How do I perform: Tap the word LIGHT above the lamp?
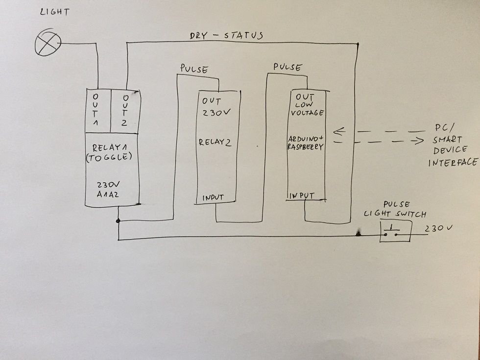(54, 12)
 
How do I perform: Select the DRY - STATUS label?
(226, 36)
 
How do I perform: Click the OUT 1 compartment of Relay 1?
(97, 111)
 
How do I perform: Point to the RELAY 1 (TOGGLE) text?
(112, 152)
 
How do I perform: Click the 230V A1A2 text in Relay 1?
(112, 191)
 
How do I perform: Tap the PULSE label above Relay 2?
(194, 69)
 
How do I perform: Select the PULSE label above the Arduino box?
(288, 67)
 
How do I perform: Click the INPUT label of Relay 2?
(212, 197)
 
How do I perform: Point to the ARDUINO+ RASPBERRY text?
(305, 143)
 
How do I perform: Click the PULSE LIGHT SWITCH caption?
(394, 209)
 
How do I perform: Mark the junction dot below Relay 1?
(119, 221)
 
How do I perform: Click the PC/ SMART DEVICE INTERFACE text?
(452, 145)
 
